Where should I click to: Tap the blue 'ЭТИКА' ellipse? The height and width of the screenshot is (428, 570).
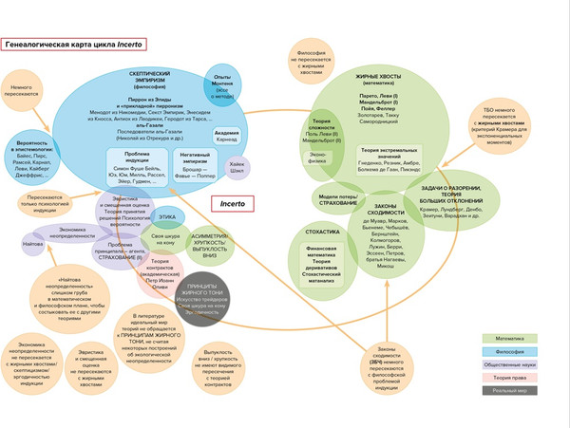167,217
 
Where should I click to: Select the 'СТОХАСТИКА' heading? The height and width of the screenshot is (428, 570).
318,233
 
